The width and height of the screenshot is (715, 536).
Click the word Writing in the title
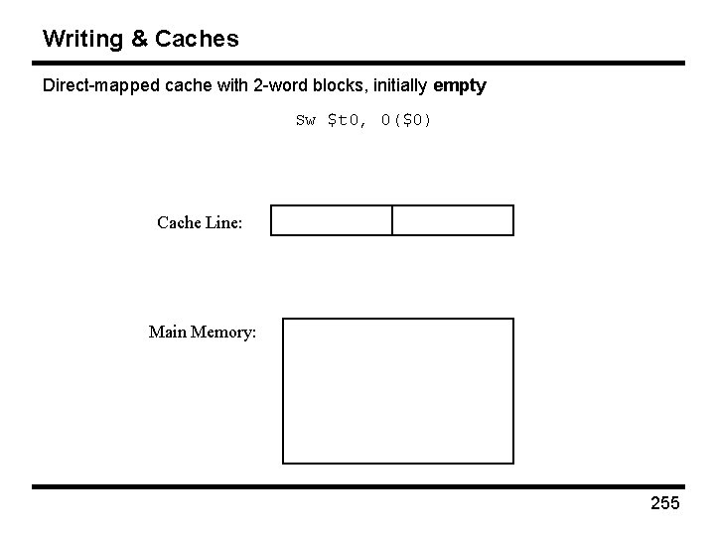point(81,39)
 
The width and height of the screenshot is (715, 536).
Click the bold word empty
point(460,86)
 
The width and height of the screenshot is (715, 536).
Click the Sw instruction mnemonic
point(305,121)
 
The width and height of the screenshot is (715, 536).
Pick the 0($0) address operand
point(406,121)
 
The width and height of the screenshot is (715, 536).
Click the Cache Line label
point(200,222)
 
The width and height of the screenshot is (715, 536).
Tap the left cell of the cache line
point(332,220)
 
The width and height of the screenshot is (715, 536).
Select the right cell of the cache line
point(453,220)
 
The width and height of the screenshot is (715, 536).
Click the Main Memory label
point(203,332)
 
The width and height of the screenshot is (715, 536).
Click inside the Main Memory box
point(398,391)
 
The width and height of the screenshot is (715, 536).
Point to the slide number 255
point(664,503)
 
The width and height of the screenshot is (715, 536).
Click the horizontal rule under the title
point(357,64)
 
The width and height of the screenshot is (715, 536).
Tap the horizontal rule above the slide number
point(357,486)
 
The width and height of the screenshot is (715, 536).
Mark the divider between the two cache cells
point(392,220)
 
